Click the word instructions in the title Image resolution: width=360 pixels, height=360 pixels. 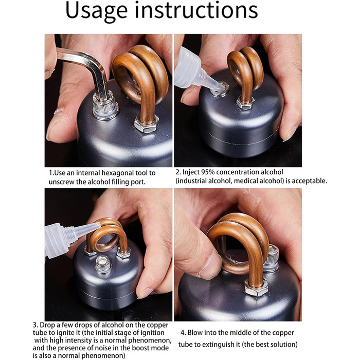[x=196, y=10]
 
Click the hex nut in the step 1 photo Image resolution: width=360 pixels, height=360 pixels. [x=146, y=123]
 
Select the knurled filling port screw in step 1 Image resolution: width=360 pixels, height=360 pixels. [x=105, y=105]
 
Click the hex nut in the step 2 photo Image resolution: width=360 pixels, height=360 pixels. [x=245, y=103]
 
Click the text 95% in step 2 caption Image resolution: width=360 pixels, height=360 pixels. [x=208, y=172]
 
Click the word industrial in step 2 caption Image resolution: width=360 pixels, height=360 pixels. [x=191, y=181]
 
